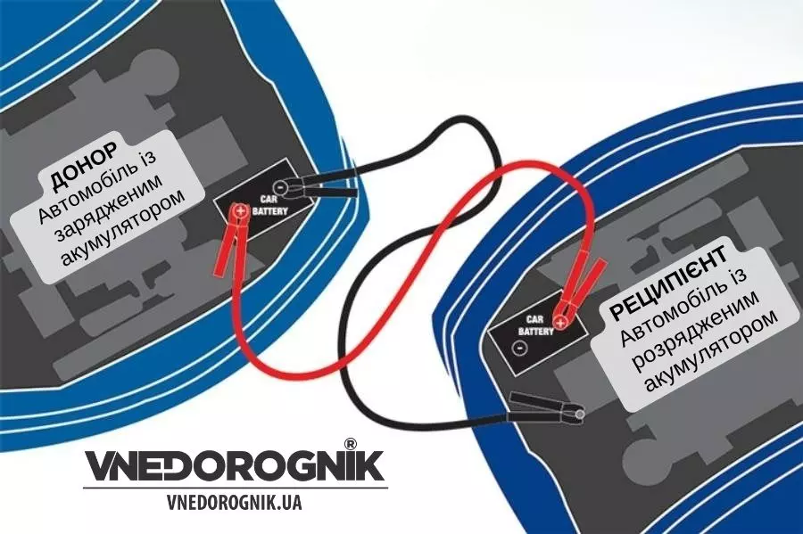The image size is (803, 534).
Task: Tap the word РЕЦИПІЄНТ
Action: coord(668,283)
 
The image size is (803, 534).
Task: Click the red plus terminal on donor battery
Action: coord(240,210)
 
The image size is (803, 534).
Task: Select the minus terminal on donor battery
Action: coord(280,187)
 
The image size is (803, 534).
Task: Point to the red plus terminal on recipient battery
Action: coord(561,322)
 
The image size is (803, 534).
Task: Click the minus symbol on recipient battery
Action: coord(518,349)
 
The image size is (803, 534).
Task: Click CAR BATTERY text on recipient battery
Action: coord(535,325)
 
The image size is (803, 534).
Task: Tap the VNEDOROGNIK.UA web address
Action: coord(234,502)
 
